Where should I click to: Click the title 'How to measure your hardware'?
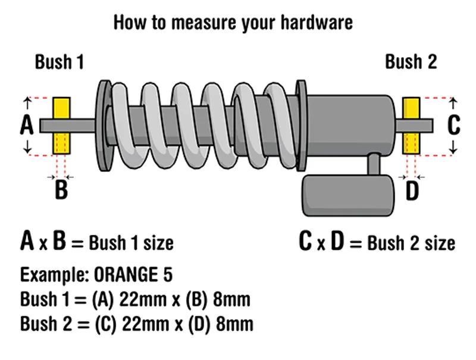coord(233,23)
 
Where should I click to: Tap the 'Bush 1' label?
coord(59,62)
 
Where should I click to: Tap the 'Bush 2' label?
coord(411,62)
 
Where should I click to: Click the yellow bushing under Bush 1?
coord(62,126)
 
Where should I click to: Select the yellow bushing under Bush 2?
coord(411,126)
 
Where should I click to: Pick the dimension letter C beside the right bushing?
coord(453,126)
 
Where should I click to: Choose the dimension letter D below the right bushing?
coord(412,192)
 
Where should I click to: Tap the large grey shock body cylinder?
coord(351,126)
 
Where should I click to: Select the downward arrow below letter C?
coord(453,148)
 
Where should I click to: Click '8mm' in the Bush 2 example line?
coord(229,324)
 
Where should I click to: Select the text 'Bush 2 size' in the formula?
coord(411,243)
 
